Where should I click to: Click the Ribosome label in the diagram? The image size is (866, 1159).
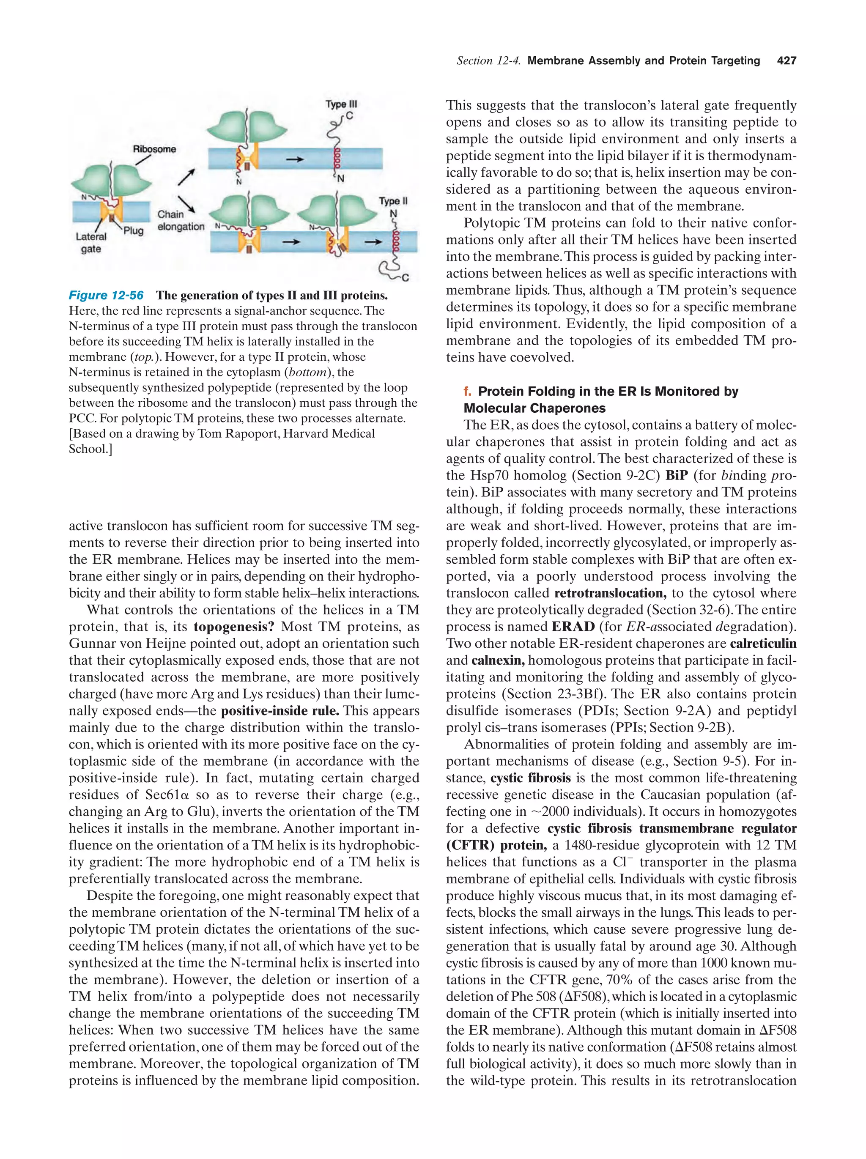[x=154, y=149]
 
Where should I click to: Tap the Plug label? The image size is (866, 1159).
[x=134, y=230]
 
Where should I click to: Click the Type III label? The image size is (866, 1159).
[x=341, y=104]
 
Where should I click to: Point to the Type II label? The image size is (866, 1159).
[x=393, y=201]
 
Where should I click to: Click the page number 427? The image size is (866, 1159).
[x=787, y=61]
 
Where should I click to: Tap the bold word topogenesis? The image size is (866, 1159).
[x=234, y=627]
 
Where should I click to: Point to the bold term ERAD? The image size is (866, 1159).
[x=573, y=627]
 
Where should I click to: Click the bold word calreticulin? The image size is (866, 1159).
[x=763, y=644]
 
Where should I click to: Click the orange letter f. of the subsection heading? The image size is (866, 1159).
[x=467, y=392]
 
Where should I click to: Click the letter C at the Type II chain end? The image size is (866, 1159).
[x=405, y=277]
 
